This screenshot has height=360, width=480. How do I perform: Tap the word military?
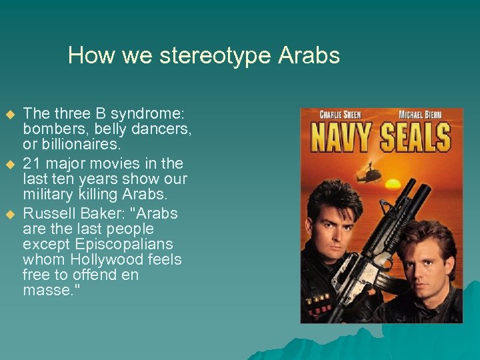(x=48, y=194)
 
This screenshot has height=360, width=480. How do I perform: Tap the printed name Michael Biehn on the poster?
(x=419, y=115)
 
